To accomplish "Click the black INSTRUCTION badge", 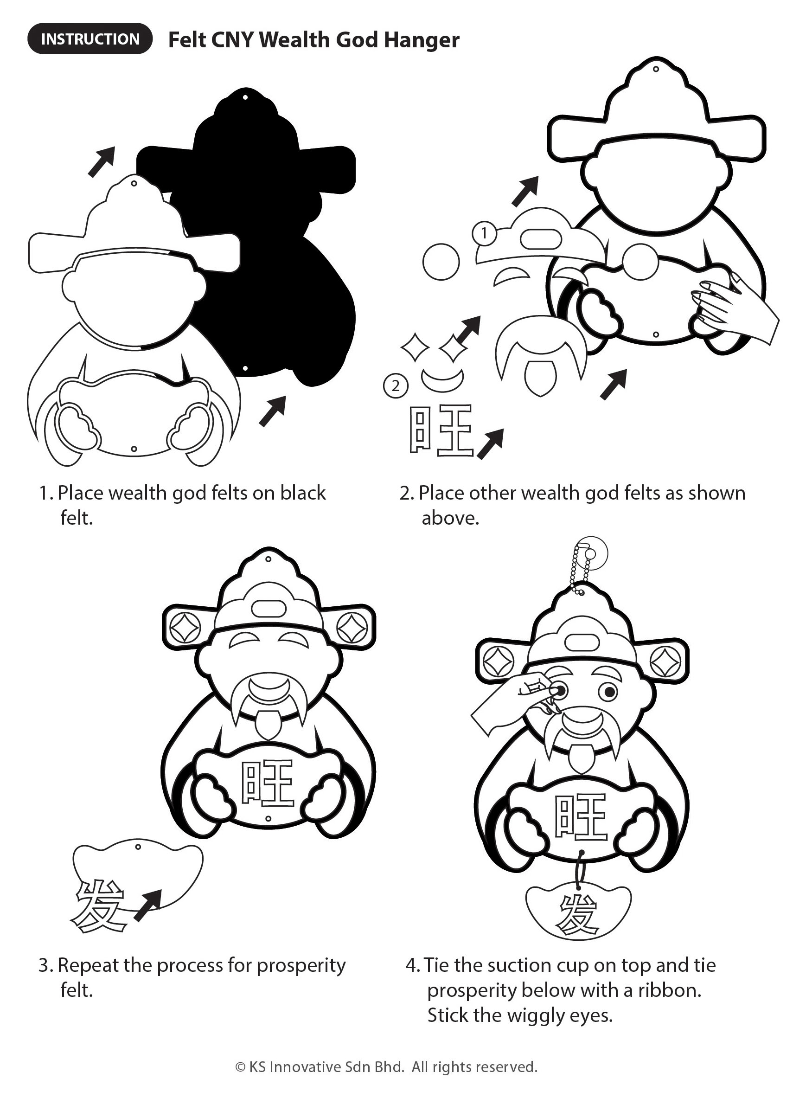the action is tap(90, 39).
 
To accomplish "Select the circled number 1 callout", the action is tap(484, 233).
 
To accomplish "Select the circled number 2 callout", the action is tap(396, 386).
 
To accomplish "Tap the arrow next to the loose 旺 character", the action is tap(490, 444).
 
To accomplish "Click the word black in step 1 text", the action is tap(303, 493).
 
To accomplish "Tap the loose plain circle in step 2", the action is tap(441, 262).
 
